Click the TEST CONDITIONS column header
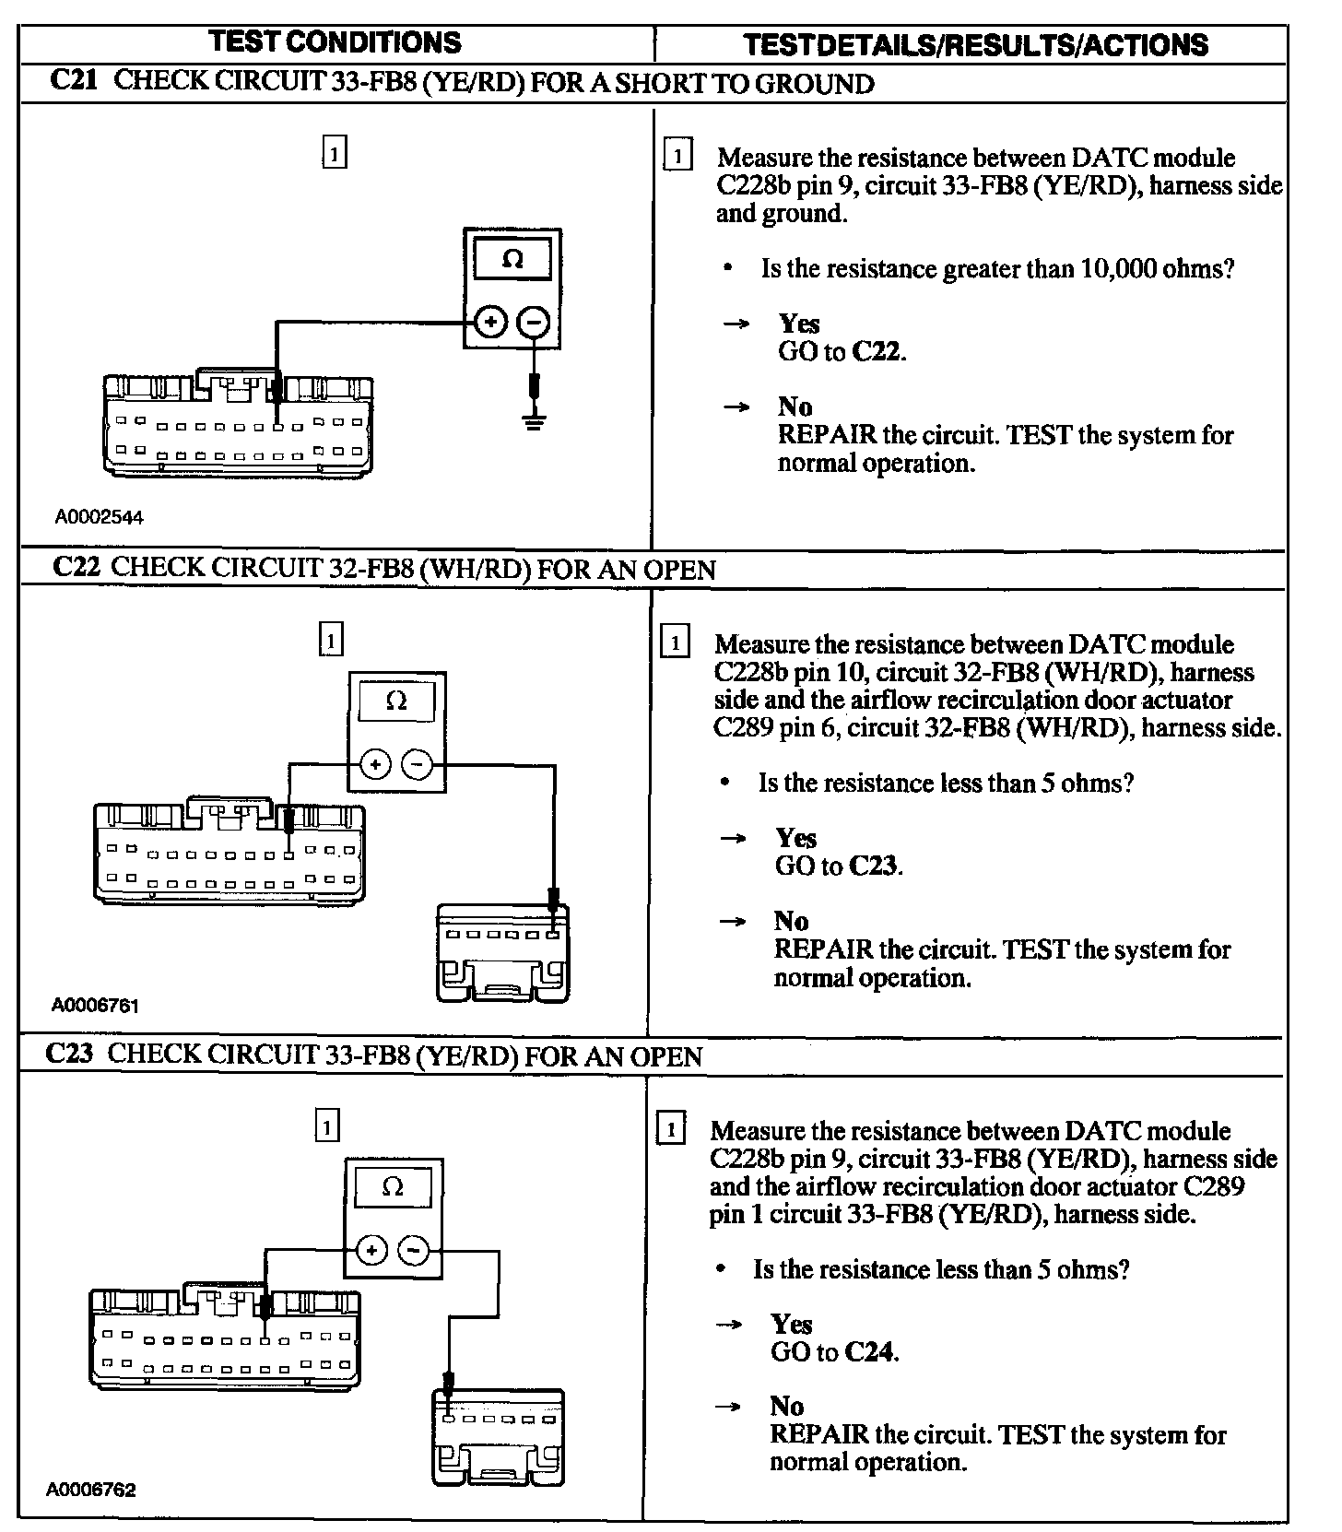click(x=335, y=42)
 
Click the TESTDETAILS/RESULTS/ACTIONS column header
click(x=975, y=45)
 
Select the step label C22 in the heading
click(x=76, y=567)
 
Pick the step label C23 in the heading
click(x=69, y=1054)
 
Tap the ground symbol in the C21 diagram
click(x=533, y=423)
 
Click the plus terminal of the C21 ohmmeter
click(x=490, y=322)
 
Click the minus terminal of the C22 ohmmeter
click(x=418, y=764)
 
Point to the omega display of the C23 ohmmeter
click(x=393, y=1187)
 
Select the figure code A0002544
click(x=100, y=517)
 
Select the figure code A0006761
click(x=96, y=1005)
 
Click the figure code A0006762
click(x=92, y=1491)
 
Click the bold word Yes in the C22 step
click(x=795, y=838)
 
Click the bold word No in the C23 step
click(x=787, y=1406)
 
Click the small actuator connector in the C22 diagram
click(x=502, y=953)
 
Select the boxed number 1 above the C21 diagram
click(x=335, y=152)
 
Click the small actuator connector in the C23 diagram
click(x=499, y=1438)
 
